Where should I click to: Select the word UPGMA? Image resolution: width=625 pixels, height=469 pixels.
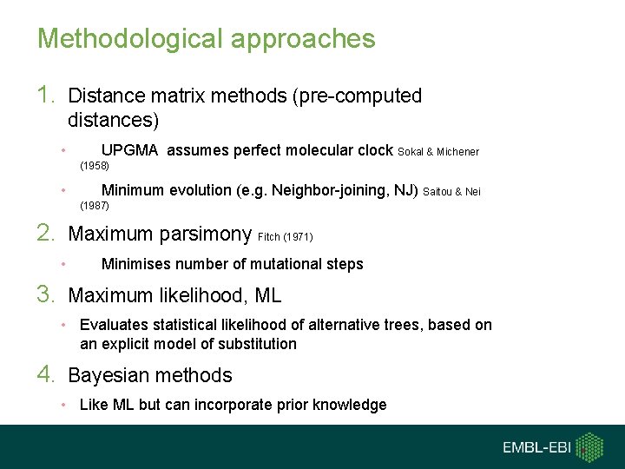click(x=129, y=150)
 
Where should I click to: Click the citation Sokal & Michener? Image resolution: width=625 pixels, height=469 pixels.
click(x=438, y=152)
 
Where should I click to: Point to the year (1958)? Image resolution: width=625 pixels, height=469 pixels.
click(x=95, y=164)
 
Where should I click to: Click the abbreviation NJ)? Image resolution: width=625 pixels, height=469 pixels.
click(x=405, y=191)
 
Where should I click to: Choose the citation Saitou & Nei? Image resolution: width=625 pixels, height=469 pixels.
click(x=451, y=192)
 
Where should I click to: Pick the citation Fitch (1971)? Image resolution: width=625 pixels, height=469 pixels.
click(x=285, y=236)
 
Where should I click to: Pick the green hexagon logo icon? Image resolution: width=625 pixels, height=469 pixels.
click(x=590, y=446)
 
